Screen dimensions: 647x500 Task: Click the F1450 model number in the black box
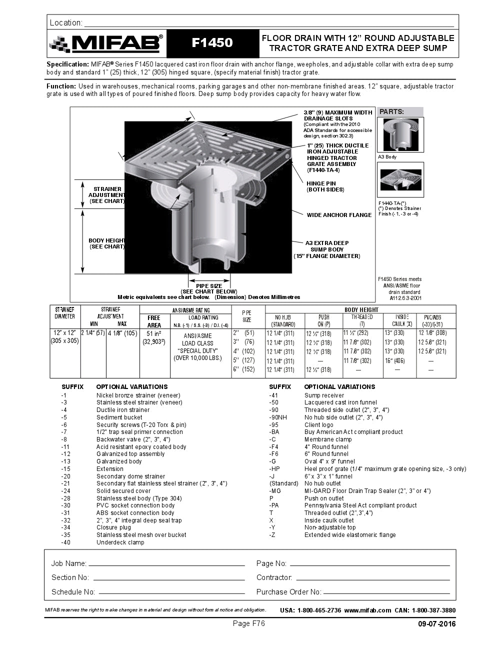pos(212,43)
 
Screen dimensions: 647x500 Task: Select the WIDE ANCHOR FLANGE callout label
pos(339,215)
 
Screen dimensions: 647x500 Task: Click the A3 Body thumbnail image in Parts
pos(400,134)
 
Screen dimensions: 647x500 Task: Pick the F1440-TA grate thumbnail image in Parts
pos(400,180)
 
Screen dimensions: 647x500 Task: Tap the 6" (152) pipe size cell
pos(244,369)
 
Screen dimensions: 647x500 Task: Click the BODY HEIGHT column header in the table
pos(361,310)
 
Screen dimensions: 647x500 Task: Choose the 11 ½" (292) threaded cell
pos(356,333)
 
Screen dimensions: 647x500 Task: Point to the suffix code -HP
pos(274,469)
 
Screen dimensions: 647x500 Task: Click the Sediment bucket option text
pos(119,417)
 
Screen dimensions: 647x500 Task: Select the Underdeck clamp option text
pos(120,542)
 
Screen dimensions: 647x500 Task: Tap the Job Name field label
pos(68,563)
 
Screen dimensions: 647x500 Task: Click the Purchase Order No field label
pos(288,592)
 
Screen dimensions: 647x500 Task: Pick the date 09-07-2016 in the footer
pos(437,624)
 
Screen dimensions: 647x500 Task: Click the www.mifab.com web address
pos(367,610)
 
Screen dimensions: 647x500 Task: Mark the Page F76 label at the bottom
pos(248,623)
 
